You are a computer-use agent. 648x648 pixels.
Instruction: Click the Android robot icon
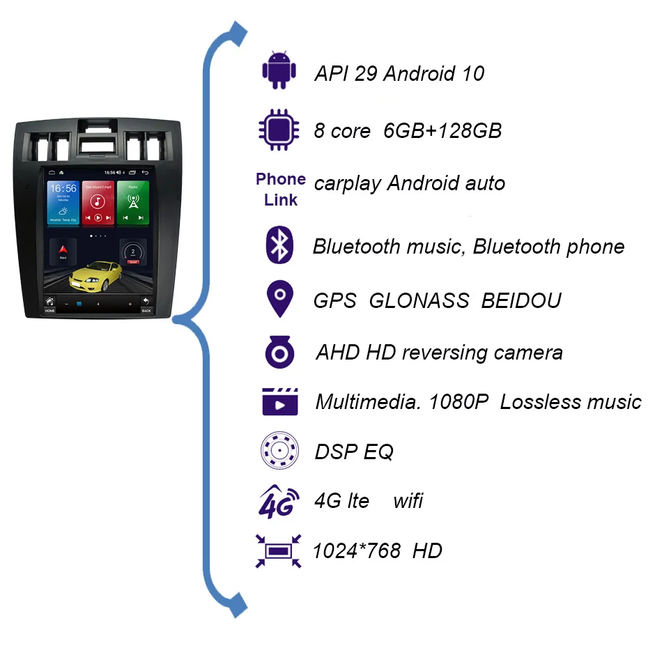[279, 70]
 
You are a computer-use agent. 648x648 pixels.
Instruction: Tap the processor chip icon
[279, 130]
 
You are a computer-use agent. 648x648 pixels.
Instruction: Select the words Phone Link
[280, 190]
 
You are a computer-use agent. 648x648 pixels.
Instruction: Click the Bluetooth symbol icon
[280, 245]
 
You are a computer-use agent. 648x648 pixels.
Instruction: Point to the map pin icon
[280, 299]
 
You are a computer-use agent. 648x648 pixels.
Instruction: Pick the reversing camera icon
[280, 351]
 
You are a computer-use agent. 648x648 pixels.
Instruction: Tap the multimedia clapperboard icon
[280, 401]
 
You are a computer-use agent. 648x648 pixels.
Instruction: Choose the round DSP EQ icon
[279, 451]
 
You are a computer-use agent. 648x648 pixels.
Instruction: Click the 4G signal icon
[279, 502]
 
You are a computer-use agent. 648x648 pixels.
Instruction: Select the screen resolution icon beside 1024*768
[279, 550]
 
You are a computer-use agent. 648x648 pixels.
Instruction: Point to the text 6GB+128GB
[442, 130]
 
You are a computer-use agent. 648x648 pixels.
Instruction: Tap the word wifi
[408, 500]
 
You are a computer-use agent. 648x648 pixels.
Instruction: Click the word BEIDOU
[521, 300]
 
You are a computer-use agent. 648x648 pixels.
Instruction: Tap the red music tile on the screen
[98, 203]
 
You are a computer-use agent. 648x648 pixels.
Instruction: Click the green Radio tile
[132, 203]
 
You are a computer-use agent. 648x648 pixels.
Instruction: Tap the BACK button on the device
[146, 304]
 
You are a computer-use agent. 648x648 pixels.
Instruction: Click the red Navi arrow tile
[63, 250]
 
